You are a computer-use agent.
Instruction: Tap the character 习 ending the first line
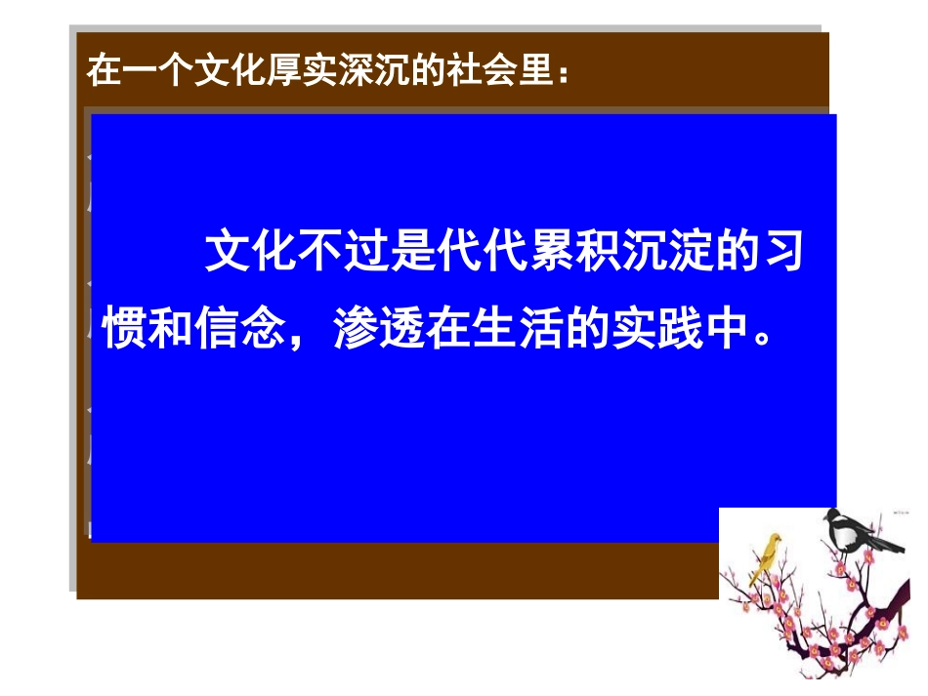[x=781, y=254]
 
